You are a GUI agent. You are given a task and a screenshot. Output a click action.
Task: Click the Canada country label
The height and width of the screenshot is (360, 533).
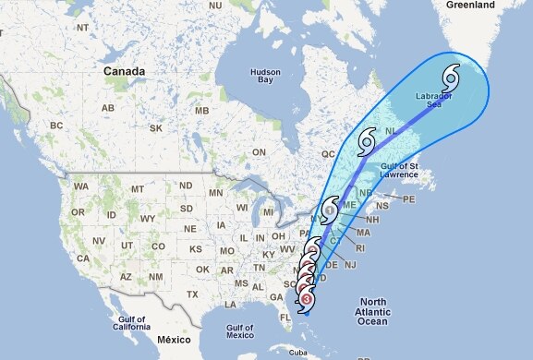[x=124, y=71]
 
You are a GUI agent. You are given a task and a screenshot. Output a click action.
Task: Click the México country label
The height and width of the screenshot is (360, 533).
[x=174, y=342]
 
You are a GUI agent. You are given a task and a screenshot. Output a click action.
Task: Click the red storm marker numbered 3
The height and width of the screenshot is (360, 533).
[x=306, y=297]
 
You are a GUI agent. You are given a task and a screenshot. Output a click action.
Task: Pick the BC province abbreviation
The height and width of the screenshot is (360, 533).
[x=55, y=125]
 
